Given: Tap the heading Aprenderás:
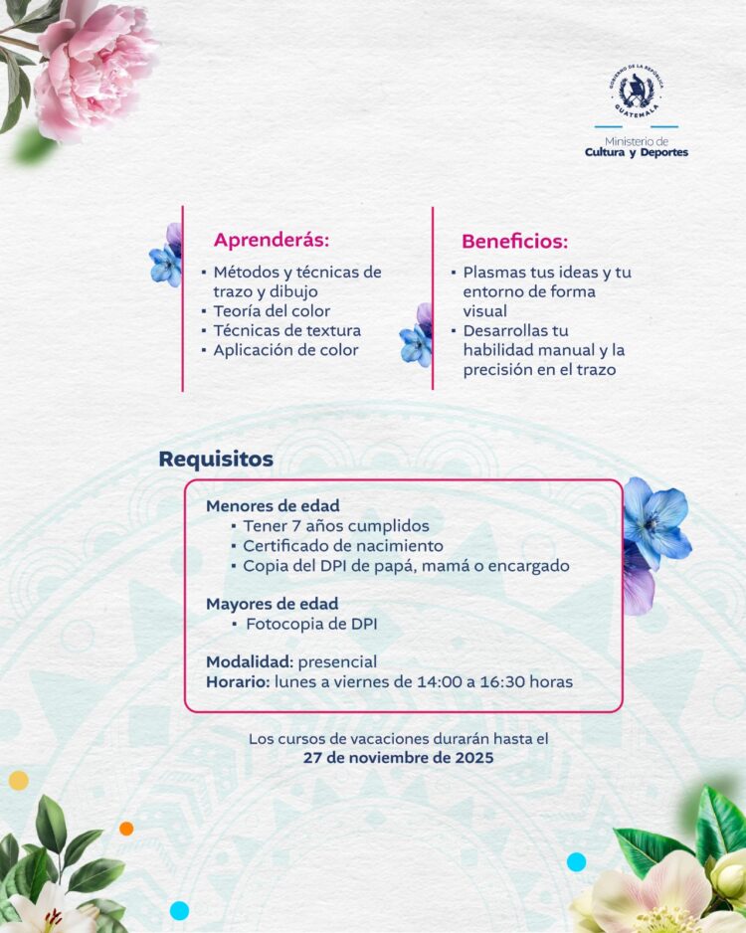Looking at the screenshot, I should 271,240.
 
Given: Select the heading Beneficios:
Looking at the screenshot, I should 514,241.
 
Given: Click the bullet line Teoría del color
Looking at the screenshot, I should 272,310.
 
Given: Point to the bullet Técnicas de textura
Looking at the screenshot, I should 286,330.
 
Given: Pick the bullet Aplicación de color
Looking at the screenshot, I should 285,350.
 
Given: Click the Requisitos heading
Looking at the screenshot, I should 216,459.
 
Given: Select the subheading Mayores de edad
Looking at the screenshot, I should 272,603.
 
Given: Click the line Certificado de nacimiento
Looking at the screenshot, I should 343,545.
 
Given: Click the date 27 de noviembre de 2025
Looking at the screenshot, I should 398,758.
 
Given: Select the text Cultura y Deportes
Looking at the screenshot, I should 637,152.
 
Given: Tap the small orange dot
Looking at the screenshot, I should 126,828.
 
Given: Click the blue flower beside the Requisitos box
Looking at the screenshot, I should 656,524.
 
